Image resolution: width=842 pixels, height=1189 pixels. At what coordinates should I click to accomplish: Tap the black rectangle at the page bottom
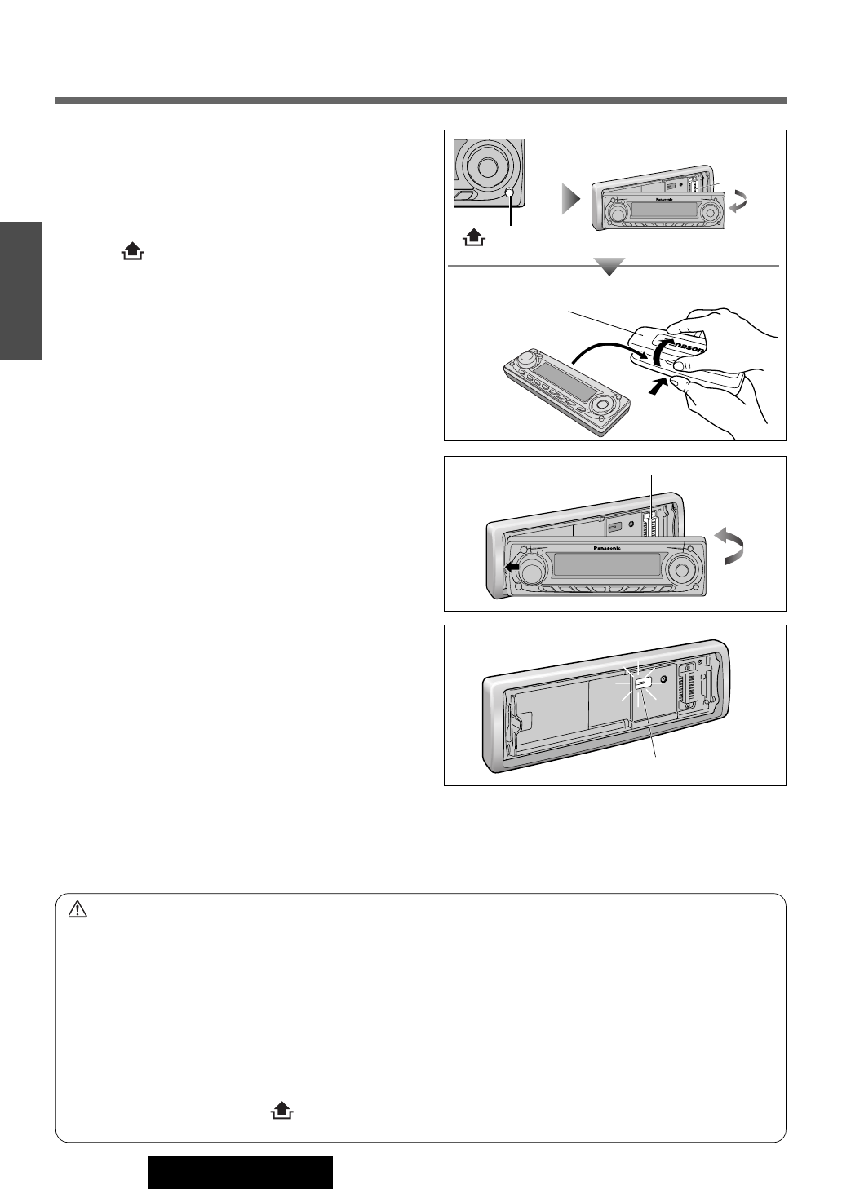(240, 1172)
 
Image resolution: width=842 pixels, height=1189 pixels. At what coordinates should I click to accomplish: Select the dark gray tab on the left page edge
(20, 290)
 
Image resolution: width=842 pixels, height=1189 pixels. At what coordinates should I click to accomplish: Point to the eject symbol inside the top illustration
(473, 238)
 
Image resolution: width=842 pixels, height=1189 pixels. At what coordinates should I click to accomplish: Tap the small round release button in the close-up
(510, 193)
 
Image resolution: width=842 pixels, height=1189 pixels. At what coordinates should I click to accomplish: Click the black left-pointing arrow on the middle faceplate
(512, 567)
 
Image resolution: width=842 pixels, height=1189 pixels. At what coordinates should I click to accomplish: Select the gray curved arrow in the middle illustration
(732, 544)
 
